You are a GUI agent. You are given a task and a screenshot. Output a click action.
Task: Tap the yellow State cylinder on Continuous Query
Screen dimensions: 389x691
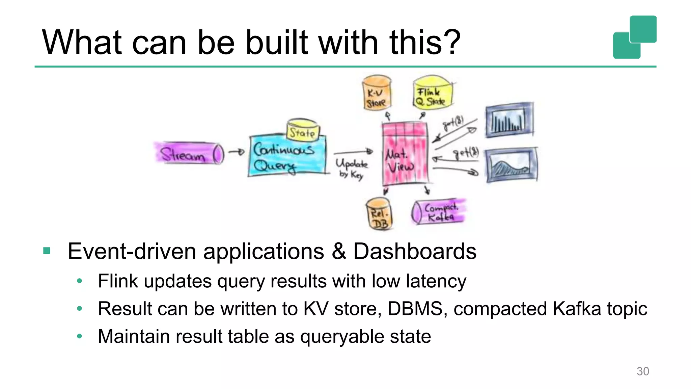303,130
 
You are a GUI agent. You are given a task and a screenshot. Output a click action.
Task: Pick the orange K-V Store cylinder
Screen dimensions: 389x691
377,94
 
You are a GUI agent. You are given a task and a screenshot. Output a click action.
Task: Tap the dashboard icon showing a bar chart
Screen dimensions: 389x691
509,120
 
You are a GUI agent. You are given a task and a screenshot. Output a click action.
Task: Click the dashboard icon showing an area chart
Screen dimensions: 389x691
512,165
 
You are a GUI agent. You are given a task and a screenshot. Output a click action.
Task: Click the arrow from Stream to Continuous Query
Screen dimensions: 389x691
236,152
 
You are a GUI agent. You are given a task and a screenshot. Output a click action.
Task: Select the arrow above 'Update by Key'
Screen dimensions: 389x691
353,152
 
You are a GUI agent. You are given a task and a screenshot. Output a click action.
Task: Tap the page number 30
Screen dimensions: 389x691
642,371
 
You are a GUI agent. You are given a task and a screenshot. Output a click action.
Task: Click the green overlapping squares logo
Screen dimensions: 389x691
634,37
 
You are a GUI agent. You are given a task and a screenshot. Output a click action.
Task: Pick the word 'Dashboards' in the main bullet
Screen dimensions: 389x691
415,252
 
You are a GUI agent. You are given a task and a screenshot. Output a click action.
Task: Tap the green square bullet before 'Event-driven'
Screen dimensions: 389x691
47,251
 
